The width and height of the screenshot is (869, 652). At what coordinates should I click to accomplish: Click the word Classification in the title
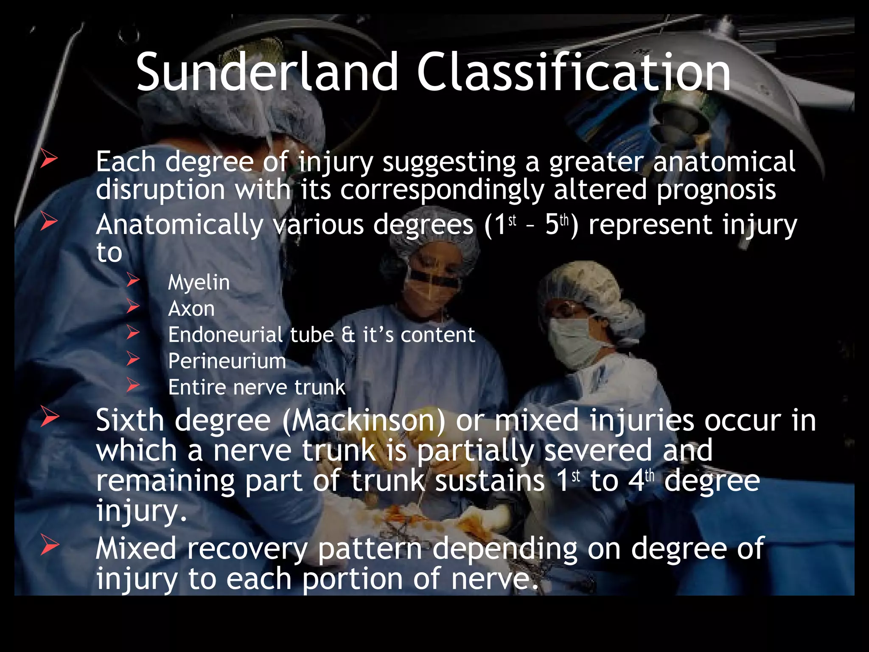[574, 72]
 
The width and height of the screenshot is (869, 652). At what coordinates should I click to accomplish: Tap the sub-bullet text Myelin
[199, 282]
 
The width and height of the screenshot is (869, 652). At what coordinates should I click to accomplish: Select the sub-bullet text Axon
[191, 309]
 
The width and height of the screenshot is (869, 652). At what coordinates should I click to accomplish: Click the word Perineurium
[227, 361]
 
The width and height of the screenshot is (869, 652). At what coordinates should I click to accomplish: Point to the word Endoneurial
[225, 335]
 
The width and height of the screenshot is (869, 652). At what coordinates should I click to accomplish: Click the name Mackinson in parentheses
[364, 421]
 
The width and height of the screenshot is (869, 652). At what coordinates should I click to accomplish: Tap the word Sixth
[130, 421]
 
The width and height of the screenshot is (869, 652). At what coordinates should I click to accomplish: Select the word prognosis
[716, 190]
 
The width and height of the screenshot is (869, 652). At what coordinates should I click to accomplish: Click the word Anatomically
[179, 225]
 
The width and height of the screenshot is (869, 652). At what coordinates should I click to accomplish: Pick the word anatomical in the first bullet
[724, 162]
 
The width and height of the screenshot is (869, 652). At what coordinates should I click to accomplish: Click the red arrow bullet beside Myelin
[133, 280]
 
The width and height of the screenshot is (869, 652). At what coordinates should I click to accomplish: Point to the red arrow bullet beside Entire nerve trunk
[133, 385]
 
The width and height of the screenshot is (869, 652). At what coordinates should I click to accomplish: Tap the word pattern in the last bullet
[370, 549]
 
